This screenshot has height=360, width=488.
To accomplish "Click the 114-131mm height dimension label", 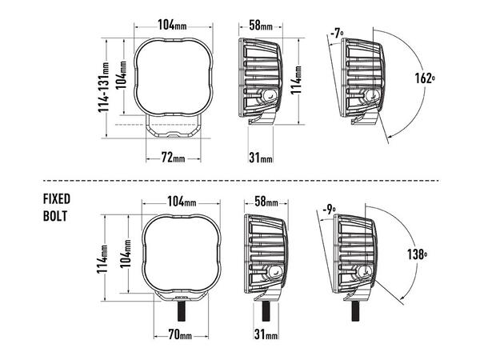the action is (104, 87).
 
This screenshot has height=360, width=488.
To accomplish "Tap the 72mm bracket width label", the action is (174, 158).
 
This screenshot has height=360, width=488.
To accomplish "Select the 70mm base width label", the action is (180, 334).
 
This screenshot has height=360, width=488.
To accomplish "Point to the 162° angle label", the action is (425, 78).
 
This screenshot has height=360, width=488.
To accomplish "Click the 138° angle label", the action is (417, 254).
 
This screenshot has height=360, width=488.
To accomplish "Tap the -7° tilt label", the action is (337, 33).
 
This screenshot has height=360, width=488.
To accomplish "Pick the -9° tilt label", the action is (329, 210).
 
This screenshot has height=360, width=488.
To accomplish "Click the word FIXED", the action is (57, 199).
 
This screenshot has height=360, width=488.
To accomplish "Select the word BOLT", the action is (55, 216).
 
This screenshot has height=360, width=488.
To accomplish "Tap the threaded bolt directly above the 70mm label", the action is (182, 311).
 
